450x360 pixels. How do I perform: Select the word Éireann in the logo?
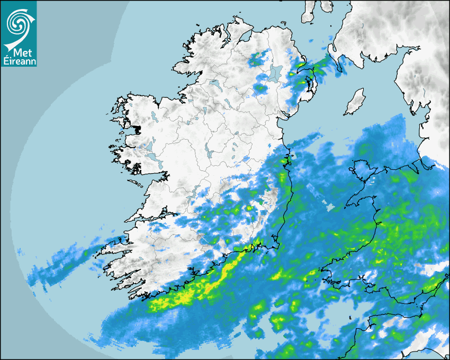[19, 60]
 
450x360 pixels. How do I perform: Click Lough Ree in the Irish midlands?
[210, 154]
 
